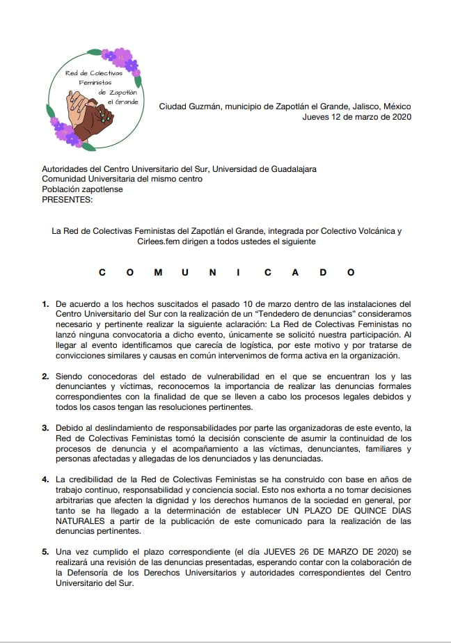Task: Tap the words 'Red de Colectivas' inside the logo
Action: (x=93, y=72)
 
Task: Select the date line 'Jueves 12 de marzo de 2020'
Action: (x=357, y=117)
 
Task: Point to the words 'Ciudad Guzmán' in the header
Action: (x=187, y=106)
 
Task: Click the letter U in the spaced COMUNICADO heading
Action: (x=184, y=272)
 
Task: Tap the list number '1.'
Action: (x=46, y=303)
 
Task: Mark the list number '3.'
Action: (x=46, y=427)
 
